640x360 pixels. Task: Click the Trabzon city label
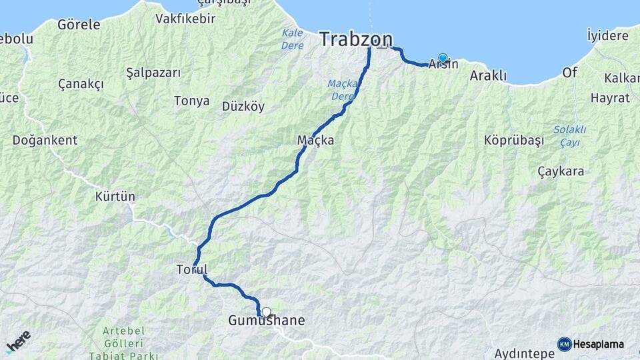(355, 39)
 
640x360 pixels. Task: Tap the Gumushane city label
(266, 321)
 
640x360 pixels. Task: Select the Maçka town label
(315, 141)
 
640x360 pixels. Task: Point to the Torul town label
(192, 270)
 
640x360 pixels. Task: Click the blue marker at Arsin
(443, 58)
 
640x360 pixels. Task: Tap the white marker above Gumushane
(267, 311)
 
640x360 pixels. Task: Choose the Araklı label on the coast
(488, 76)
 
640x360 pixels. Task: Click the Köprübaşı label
(514, 141)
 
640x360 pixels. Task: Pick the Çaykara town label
(561, 171)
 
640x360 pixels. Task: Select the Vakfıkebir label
(185, 19)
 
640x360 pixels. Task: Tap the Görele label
(79, 25)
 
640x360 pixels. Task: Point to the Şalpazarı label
(153, 73)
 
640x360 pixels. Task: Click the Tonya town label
(191, 101)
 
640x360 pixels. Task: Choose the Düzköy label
(243, 106)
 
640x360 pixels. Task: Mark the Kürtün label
(115, 197)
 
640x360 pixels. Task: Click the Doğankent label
(45, 141)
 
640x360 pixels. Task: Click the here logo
(18, 341)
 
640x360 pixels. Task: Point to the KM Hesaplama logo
(591, 344)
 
